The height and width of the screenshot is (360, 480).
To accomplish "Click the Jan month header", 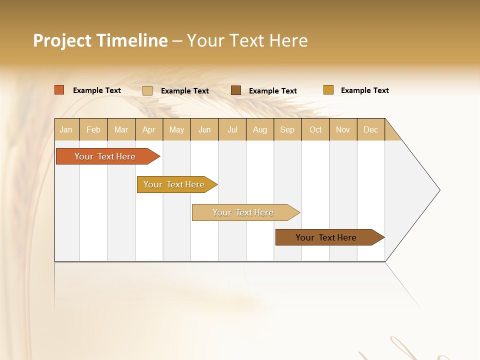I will pos(66,129).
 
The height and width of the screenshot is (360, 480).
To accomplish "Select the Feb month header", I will pos(93,129).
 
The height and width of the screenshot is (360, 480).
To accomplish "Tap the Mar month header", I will pos(121,129).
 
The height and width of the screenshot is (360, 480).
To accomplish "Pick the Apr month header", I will pos(148,129).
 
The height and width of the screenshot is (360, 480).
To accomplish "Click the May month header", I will pos(176,129).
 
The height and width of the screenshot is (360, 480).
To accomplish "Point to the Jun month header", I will pos(204,129).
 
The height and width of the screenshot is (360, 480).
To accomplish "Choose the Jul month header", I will pos(232,129).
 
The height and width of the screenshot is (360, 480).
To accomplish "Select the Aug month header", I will pos(259,129).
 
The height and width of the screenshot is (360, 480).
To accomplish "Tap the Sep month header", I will pos(287,129).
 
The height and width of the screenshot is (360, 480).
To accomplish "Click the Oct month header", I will pos(315,129).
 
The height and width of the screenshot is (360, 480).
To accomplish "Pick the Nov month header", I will pos(342,129).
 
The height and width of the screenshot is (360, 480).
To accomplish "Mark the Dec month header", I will pos(370,129).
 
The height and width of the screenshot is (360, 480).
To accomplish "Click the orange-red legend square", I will pos(59,90).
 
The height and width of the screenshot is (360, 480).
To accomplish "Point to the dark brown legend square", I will pos(236,90).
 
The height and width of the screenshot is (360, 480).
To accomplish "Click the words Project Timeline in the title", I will pos(100,40).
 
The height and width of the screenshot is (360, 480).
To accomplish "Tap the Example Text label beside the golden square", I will pos(364,90).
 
